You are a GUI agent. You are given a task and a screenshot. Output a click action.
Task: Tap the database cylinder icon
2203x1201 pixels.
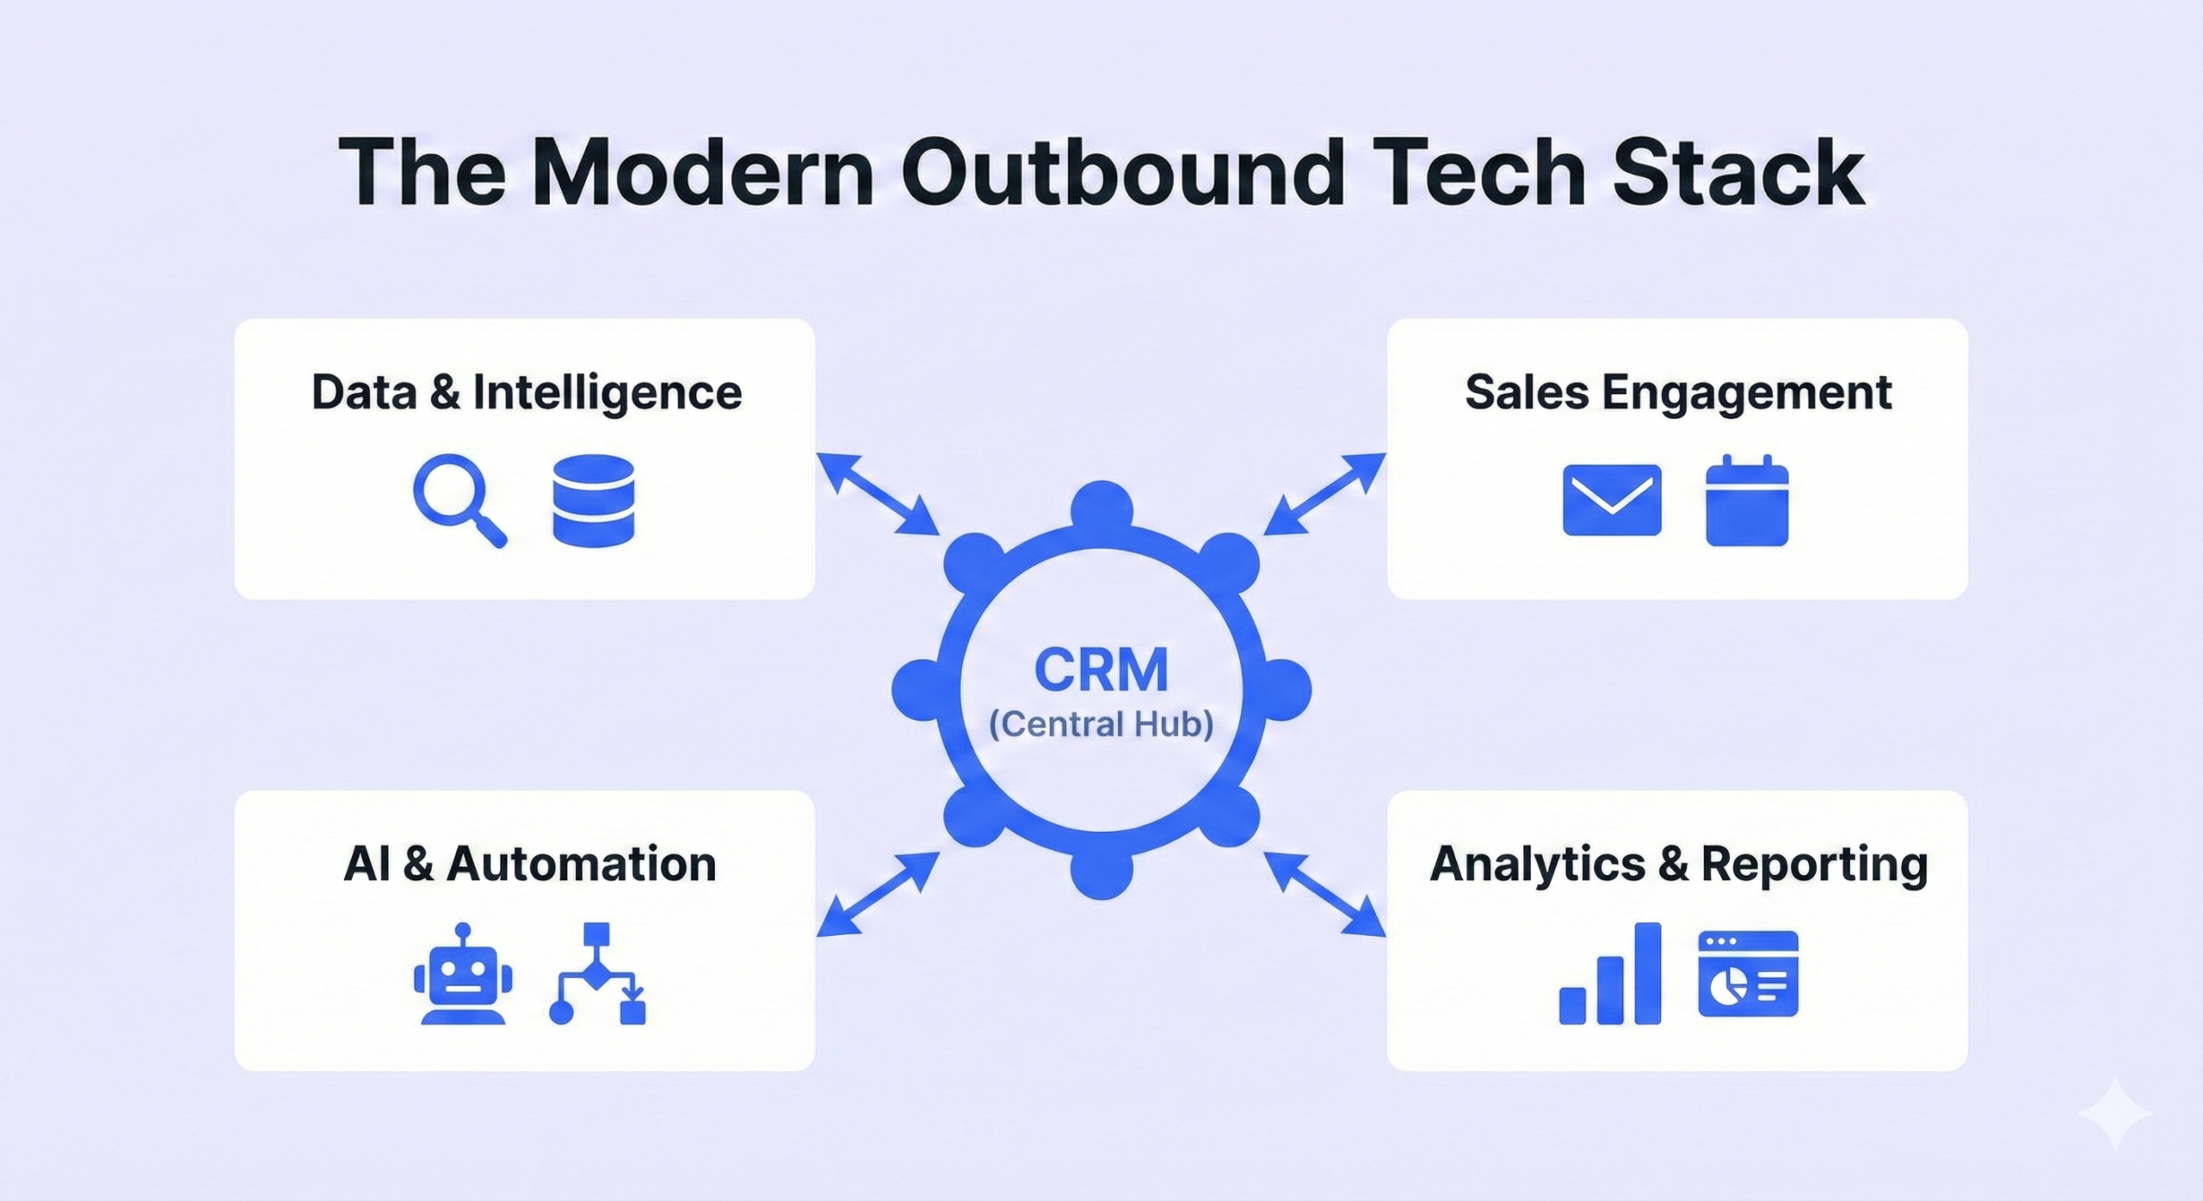tap(593, 501)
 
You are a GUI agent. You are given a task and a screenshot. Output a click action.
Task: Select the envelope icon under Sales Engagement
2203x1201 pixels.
tap(1612, 500)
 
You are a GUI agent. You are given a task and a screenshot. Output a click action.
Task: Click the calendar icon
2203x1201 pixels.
tap(1747, 500)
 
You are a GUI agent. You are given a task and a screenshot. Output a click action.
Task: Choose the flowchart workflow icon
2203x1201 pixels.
tap(597, 973)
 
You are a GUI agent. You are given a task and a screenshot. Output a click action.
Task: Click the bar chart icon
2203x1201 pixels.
tap(1610, 973)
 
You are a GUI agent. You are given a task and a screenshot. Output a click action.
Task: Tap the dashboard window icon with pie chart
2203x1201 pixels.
tap(1748, 973)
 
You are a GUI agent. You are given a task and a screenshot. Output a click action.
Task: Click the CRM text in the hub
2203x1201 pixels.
tap(1101, 670)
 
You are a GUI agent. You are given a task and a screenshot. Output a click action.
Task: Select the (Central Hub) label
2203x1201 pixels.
tap(1101, 724)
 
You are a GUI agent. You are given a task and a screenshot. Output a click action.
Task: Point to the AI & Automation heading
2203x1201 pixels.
tap(530, 864)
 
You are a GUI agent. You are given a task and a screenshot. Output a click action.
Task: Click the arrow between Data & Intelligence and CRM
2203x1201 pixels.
tap(878, 494)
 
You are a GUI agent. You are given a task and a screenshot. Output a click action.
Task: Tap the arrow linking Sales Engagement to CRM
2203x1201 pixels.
tap(1324, 494)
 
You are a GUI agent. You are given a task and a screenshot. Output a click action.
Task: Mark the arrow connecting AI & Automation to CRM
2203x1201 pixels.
tap(878, 894)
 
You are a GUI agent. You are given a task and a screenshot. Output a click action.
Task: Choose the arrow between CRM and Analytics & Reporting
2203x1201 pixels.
tap(1324, 894)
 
